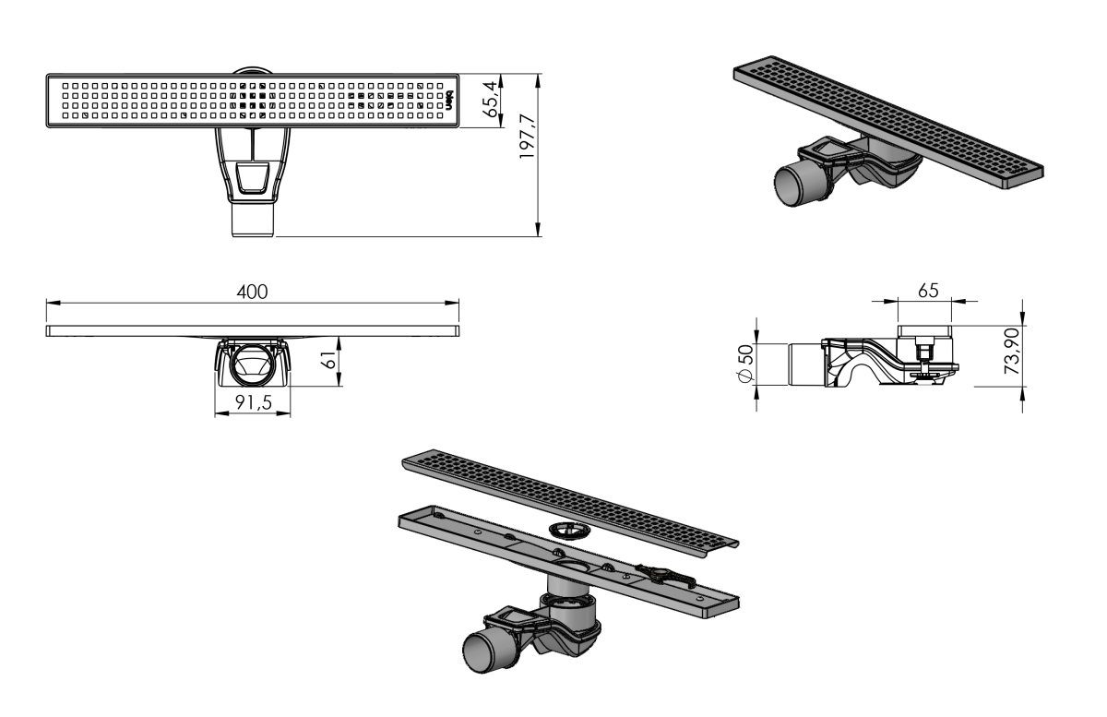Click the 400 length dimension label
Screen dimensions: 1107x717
pyautogui.click(x=252, y=292)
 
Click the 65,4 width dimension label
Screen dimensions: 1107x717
pyautogui.click(x=492, y=102)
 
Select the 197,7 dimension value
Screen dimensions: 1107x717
pyautogui.click(x=528, y=137)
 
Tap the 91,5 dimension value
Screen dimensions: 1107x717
pyautogui.click(x=254, y=403)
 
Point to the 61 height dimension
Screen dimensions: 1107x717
pyautogui.click(x=328, y=360)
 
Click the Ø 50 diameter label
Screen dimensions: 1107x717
pyautogui.click(x=745, y=364)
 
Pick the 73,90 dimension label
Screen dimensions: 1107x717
pyautogui.click(x=1012, y=351)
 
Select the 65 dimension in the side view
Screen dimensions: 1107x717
pyautogui.click(x=928, y=291)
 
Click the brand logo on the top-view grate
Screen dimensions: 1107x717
pyautogui.click(x=448, y=101)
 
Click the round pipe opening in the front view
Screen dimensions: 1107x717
pyautogui.click(x=253, y=364)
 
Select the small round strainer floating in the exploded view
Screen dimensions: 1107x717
pyautogui.click(x=569, y=532)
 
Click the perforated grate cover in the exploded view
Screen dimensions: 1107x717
pyautogui.click(x=570, y=505)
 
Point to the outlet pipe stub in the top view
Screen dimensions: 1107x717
pyautogui.click(x=253, y=219)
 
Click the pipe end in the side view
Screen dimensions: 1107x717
pyautogui.click(x=805, y=364)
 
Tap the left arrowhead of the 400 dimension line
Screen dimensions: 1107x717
pyautogui.click(x=53, y=303)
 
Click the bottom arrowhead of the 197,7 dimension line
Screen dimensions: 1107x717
pyautogui.click(x=538, y=230)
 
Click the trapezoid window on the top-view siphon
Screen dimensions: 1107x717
pyautogui.click(x=252, y=176)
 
